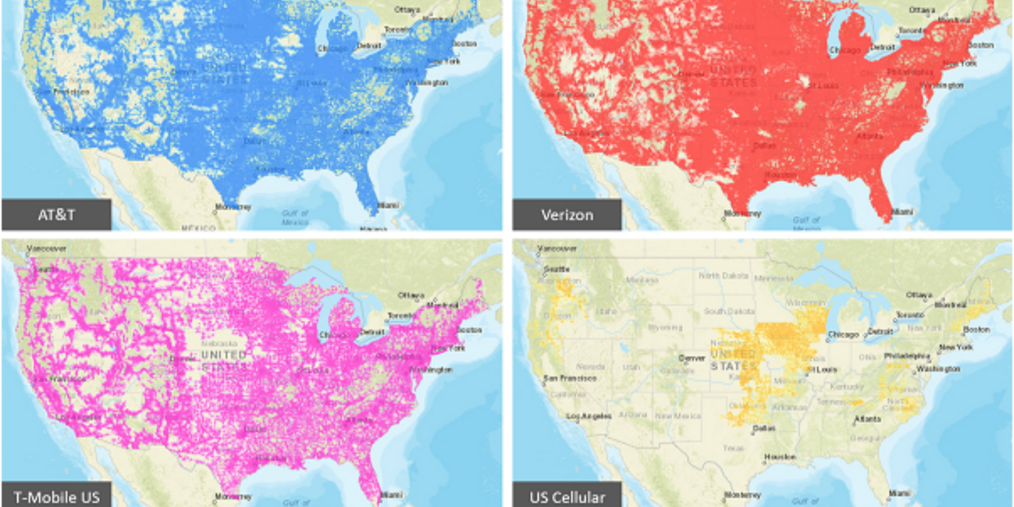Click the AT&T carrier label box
click(56, 215)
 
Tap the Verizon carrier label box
click(567, 215)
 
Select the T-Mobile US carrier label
click(56, 497)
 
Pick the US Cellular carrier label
click(567, 497)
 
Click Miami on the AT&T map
click(388, 206)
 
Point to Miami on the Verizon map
click(902, 212)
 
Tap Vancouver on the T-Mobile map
click(46, 248)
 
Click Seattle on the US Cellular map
click(557, 269)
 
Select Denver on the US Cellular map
click(692, 358)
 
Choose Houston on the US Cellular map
click(780, 457)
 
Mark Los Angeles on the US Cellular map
click(589, 416)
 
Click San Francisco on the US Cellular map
click(570, 379)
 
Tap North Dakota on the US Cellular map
click(723, 275)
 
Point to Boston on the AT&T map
click(465, 43)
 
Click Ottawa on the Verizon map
click(922, 10)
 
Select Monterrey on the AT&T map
click(233, 207)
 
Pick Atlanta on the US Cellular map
click(868, 419)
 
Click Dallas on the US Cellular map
click(764, 429)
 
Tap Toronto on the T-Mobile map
click(401, 316)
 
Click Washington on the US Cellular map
click(938, 369)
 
